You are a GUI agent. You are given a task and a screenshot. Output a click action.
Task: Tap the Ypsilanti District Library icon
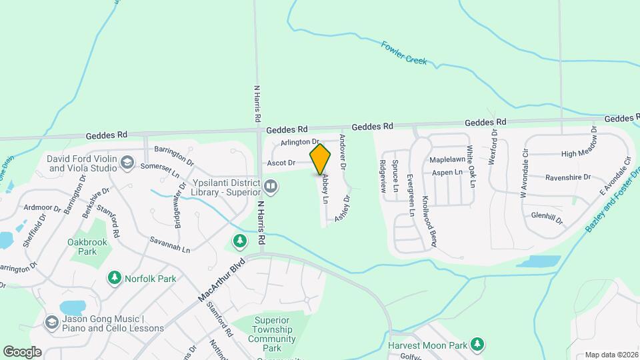click(x=271, y=185)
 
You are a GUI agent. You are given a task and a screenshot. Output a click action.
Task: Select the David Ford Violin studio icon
click(x=127, y=162)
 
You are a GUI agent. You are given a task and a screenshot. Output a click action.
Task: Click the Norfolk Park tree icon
click(x=114, y=277)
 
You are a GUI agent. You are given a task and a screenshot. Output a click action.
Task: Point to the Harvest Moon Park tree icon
click(x=477, y=344)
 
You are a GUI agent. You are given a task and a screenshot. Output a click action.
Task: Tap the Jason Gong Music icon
click(x=51, y=323)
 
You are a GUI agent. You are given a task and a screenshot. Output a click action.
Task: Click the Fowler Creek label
click(x=404, y=53)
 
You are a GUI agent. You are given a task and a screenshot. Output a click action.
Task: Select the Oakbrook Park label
click(x=83, y=247)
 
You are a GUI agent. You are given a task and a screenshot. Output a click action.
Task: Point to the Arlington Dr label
click(x=300, y=142)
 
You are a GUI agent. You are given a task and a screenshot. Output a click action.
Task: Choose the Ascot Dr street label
click(x=281, y=163)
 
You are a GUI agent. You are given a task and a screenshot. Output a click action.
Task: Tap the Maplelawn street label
click(x=447, y=160)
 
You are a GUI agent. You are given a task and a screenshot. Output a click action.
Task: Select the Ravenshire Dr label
click(x=568, y=177)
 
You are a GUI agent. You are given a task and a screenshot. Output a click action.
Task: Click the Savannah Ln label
click(x=170, y=245)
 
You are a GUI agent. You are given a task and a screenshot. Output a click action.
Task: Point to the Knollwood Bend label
click(x=429, y=222)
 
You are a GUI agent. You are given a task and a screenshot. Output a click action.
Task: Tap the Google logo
click(x=22, y=351)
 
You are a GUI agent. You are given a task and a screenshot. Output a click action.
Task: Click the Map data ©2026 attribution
click(x=611, y=355)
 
